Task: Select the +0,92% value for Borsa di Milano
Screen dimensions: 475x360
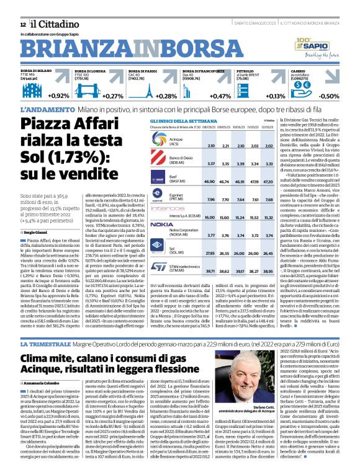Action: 58,96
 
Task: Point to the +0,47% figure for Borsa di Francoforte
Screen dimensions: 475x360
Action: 220,96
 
